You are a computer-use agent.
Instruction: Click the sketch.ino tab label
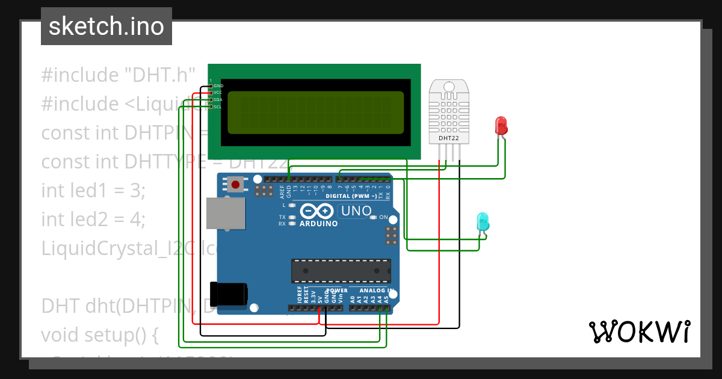pyautogui.click(x=106, y=26)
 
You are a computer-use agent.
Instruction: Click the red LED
pyautogui.click(x=501, y=125)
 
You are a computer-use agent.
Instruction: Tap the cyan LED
pyautogui.click(x=483, y=221)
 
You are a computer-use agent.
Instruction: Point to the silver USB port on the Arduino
pyautogui.click(x=226, y=214)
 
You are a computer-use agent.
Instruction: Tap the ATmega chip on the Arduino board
pyautogui.click(x=341, y=271)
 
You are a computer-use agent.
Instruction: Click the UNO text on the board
pyautogui.click(x=356, y=211)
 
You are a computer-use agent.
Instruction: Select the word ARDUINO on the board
pyautogui.click(x=318, y=223)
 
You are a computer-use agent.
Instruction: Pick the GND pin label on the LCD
pyautogui.click(x=218, y=86)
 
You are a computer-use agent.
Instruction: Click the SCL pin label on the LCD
pyautogui.click(x=217, y=106)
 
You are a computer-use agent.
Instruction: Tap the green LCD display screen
pyautogui.click(x=315, y=112)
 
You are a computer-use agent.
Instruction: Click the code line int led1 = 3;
pyautogui.click(x=93, y=191)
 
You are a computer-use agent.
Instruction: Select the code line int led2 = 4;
pyautogui.click(x=93, y=220)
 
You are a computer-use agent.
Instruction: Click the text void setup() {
pyautogui.click(x=99, y=334)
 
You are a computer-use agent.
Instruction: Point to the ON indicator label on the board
pyautogui.click(x=383, y=217)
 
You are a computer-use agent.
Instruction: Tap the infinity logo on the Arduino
pyautogui.click(x=317, y=211)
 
